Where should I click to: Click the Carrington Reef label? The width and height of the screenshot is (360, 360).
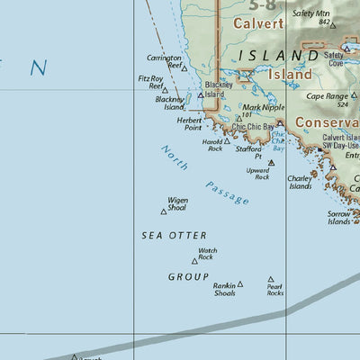coord(164,60)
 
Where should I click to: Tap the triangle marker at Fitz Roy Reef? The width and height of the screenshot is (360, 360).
coord(165,90)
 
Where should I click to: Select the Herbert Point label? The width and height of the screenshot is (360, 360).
coord(189,124)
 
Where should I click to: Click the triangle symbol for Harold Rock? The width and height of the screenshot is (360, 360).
coord(227,140)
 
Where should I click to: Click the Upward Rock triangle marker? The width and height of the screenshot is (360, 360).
coord(271,163)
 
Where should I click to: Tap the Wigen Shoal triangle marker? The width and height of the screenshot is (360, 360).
coord(164,211)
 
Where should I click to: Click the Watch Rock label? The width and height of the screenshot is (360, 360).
coord(207,254)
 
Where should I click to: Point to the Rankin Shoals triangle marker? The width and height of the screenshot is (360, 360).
coord(240,283)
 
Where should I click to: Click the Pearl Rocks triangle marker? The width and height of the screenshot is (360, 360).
coord(271,280)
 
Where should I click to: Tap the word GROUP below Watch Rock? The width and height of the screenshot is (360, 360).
coord(189,276)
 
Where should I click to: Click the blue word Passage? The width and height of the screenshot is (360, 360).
coord(226,192)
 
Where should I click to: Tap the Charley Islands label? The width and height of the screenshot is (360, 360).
coord(300,182)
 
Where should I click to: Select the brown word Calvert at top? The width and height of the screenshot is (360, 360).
coord(258,24)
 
